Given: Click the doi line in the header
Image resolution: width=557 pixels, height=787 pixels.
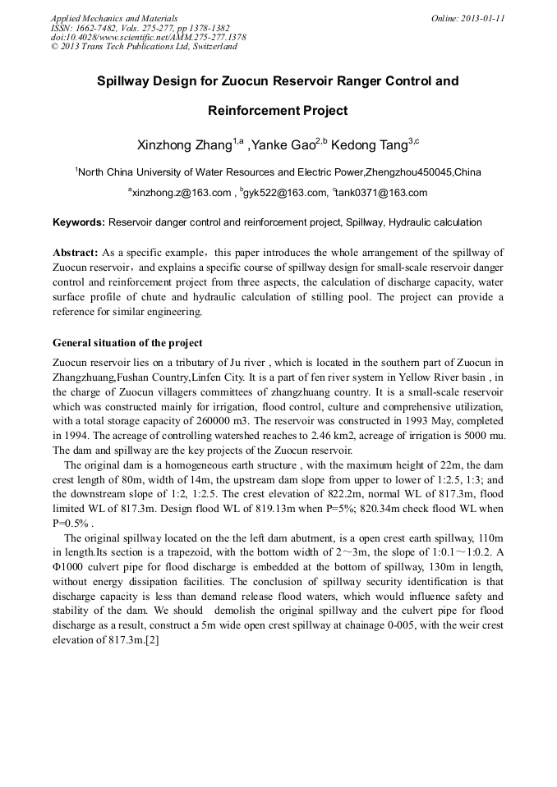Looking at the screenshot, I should [x=148, y=37].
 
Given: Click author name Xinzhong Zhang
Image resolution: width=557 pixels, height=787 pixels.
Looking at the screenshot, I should [x=184, y=145].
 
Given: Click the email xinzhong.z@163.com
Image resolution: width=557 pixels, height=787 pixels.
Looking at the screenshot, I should [x=182, y=193].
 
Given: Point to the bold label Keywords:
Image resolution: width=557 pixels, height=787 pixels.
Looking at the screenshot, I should [x=79, y=222].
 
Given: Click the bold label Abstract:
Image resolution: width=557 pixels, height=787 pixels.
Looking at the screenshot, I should [x=76, y=252].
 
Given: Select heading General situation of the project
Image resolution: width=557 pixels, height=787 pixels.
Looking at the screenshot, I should [x=127, y=342].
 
